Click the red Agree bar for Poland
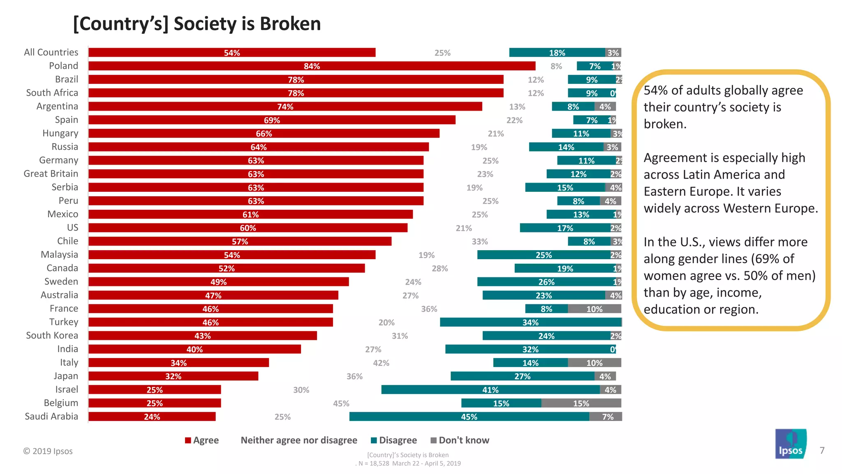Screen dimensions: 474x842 click(312, 66)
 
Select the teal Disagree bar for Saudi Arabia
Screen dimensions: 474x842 click(469, 416)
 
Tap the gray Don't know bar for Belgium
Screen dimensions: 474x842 click(581, 403)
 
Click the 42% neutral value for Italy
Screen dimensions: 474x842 click(381, 363)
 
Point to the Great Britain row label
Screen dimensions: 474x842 click(51, 174)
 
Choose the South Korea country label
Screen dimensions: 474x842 click(52, 335)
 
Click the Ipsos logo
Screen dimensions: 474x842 click(791, 444)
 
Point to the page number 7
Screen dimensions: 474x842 click(822, 450)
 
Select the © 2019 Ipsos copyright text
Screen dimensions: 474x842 click(48, 451)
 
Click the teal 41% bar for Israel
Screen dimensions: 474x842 click(490, 390)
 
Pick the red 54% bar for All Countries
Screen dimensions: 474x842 click(232, 53)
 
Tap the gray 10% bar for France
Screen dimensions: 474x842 click(594, 309)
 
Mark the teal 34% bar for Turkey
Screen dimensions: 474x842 click(530, 322)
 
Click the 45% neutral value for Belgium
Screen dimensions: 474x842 click(341, 403)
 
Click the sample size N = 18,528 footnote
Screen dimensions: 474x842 click(408, 463)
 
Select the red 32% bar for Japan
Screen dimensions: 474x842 click(173, 376)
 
